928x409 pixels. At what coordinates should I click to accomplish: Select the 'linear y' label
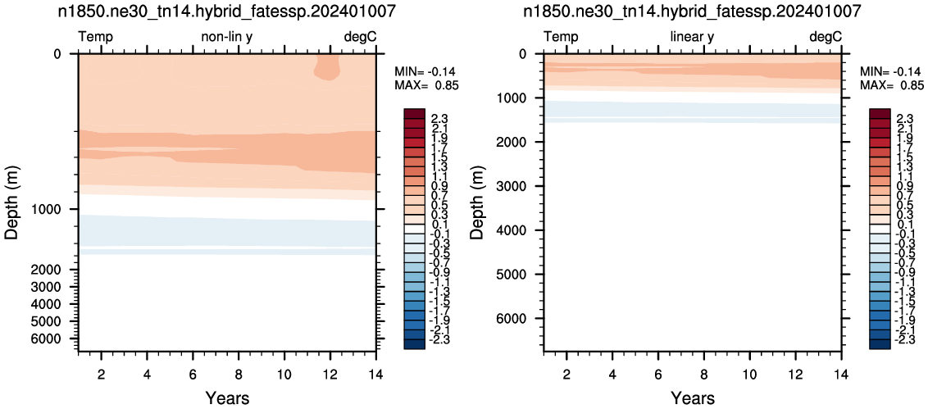pyautogui.click(x=692, y=37)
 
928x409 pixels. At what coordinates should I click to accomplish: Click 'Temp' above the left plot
pyautogui.click(x=96, y=37)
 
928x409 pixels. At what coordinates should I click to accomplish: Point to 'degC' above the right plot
pyautogui.click(x=825, y=37)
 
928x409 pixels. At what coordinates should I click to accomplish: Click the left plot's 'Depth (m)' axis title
pyautogui.click(x=13, y=202)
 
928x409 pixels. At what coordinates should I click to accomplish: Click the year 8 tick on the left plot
pyautogui.click(x=239, y=374)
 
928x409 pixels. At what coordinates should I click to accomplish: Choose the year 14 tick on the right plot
pyautogui.click(x=840, y=374)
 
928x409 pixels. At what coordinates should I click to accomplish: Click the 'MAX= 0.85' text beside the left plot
pyautogui.click(x=426, y=85)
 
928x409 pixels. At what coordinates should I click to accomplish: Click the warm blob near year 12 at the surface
pyautogui.click(x=327, y=67)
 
